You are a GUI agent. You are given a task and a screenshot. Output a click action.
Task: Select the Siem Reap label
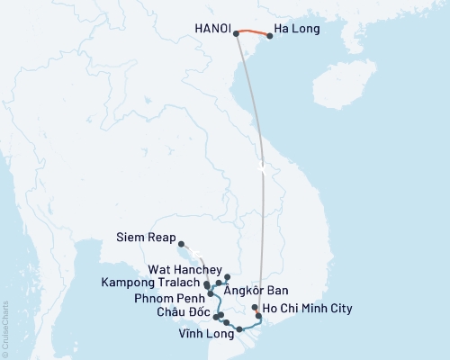pos(147,239)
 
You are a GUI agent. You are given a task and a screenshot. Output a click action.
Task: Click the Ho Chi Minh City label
pos(307,308)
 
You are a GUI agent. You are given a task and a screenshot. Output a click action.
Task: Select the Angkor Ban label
pos(262,291)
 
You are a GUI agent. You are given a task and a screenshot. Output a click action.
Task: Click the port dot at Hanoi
pos(236,34)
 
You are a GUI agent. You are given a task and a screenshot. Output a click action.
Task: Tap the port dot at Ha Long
pos(270,36)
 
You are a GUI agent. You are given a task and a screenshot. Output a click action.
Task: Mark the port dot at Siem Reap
pos(181,243)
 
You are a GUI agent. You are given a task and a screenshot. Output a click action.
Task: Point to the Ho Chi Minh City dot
pos(256,308)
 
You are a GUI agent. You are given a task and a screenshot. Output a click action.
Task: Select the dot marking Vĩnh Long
pos(239,329)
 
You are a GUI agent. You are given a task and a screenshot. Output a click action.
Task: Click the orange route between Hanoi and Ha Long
pos(253,32)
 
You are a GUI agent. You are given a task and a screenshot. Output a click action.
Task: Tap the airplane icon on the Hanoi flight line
pos(260,167)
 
